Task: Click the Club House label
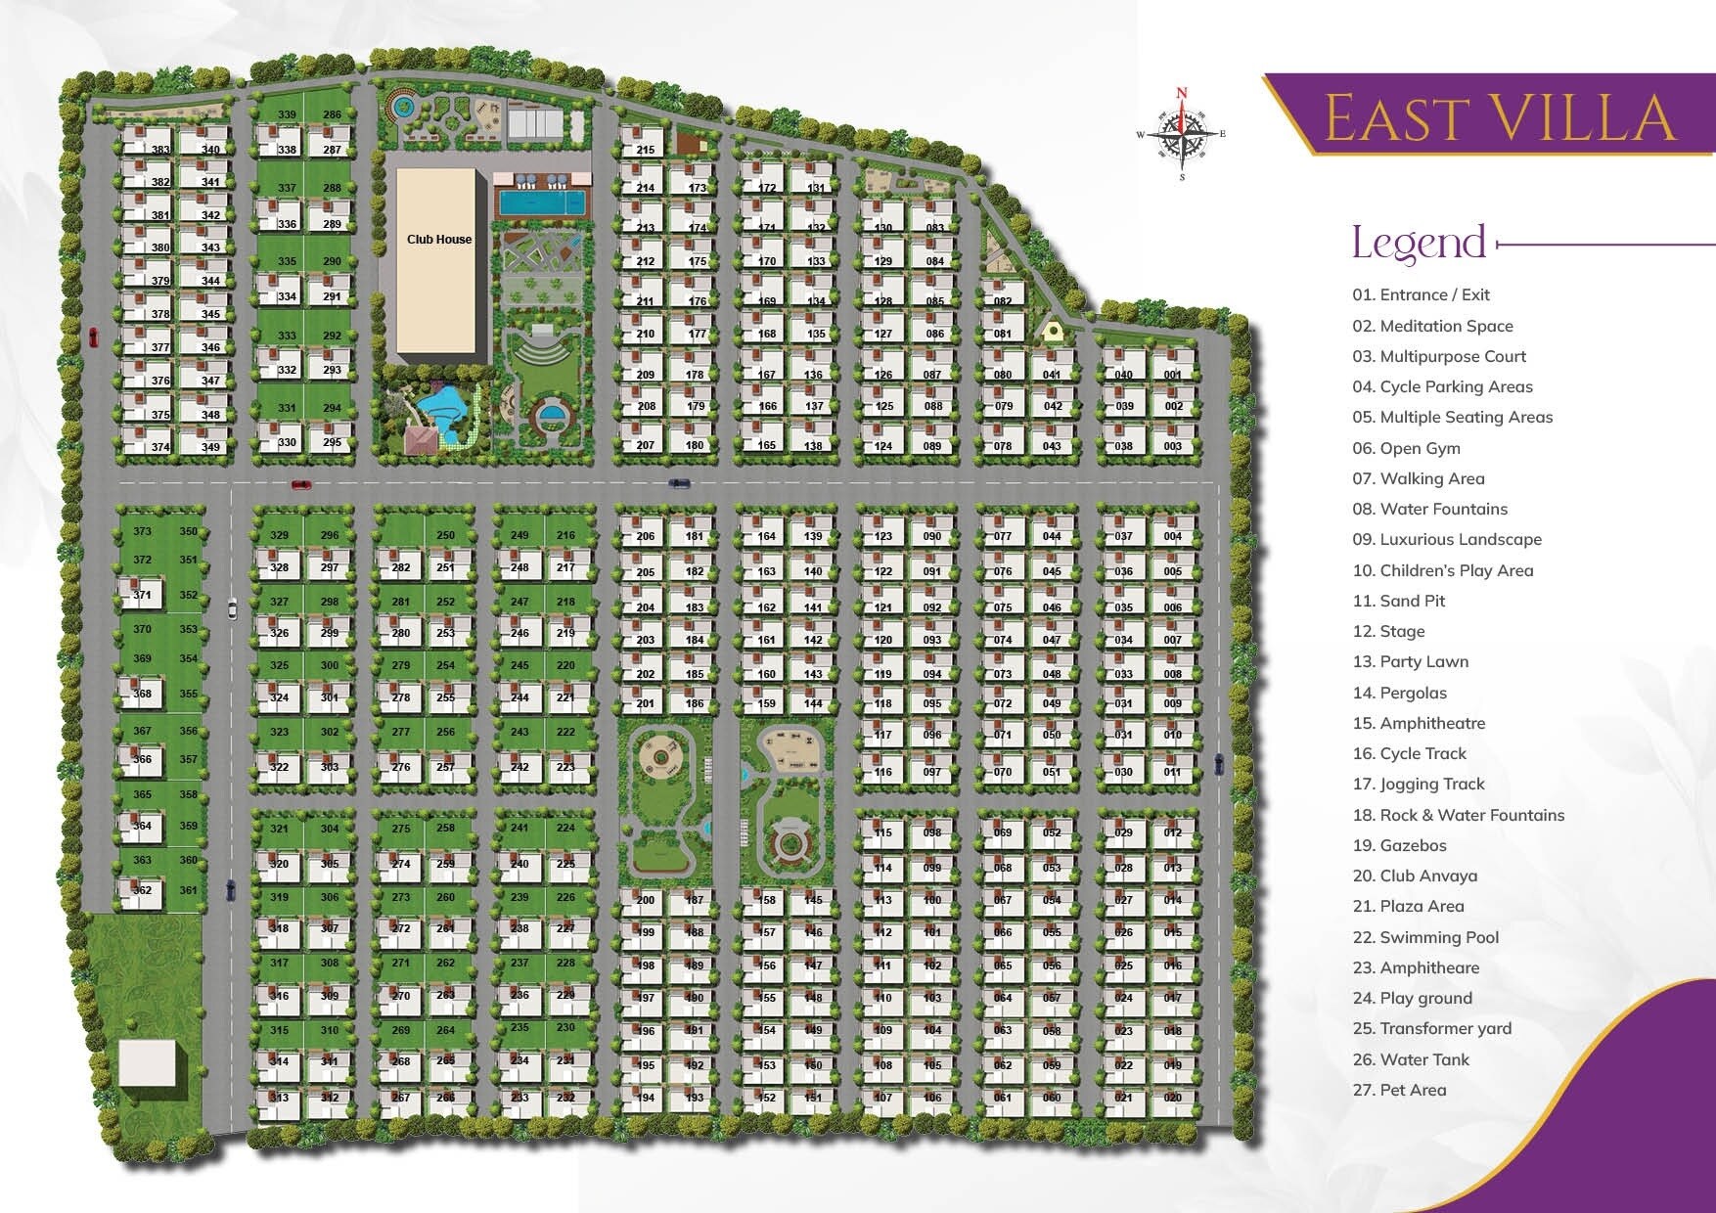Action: [439, 239]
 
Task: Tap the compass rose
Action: [1182, 135]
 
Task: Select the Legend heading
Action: [1419, 243]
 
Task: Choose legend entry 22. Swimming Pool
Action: [1425, 937]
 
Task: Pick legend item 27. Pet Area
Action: [1399, 1090]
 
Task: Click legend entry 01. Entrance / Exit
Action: [1421, 294]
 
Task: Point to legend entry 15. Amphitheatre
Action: [1419, 723]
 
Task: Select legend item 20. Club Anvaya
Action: [1415, 876]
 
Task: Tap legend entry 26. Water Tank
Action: [1411, 1059]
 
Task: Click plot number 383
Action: [160, 150]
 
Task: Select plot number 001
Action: [1173, 375]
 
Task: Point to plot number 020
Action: [1173, 1098]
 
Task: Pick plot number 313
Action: [280, 1098]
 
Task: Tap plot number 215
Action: [646, 150]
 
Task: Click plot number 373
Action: [143, 531]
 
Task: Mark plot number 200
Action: [646, 900]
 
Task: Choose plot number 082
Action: [1003, 301]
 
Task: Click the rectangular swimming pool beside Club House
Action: [542, 202]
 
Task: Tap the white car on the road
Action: [231, 608]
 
